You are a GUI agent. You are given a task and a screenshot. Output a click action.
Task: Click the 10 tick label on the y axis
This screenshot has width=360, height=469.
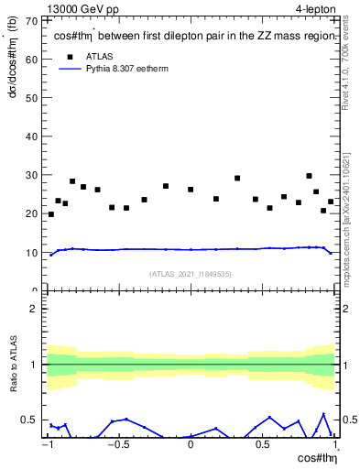click(34, 253)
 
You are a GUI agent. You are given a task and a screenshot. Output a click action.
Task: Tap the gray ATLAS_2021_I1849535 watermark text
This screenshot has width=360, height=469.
click(191, 274)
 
